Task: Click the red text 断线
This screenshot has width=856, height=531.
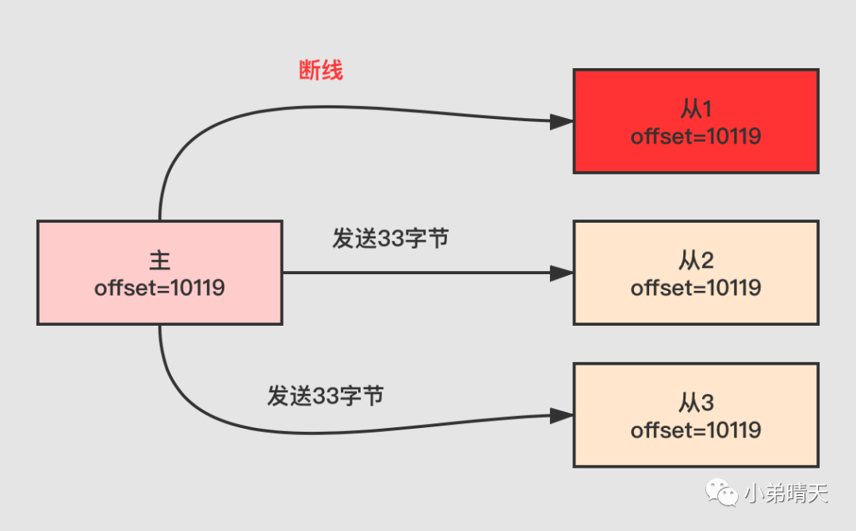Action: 321,71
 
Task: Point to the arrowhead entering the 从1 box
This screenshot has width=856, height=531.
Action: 562,121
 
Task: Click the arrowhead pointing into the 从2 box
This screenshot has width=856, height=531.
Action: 562,273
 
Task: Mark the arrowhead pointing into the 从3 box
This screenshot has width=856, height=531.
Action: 562,415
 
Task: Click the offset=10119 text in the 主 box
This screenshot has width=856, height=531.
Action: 159,287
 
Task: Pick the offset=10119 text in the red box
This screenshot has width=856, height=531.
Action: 696,136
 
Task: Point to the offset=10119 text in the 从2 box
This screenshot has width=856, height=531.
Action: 696,287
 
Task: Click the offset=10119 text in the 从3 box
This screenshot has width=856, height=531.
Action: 696,430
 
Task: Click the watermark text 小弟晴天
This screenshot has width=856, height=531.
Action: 785,495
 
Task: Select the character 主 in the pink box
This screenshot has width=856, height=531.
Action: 159,260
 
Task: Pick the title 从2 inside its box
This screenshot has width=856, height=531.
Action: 696,260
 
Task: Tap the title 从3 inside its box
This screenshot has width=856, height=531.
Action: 696,403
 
